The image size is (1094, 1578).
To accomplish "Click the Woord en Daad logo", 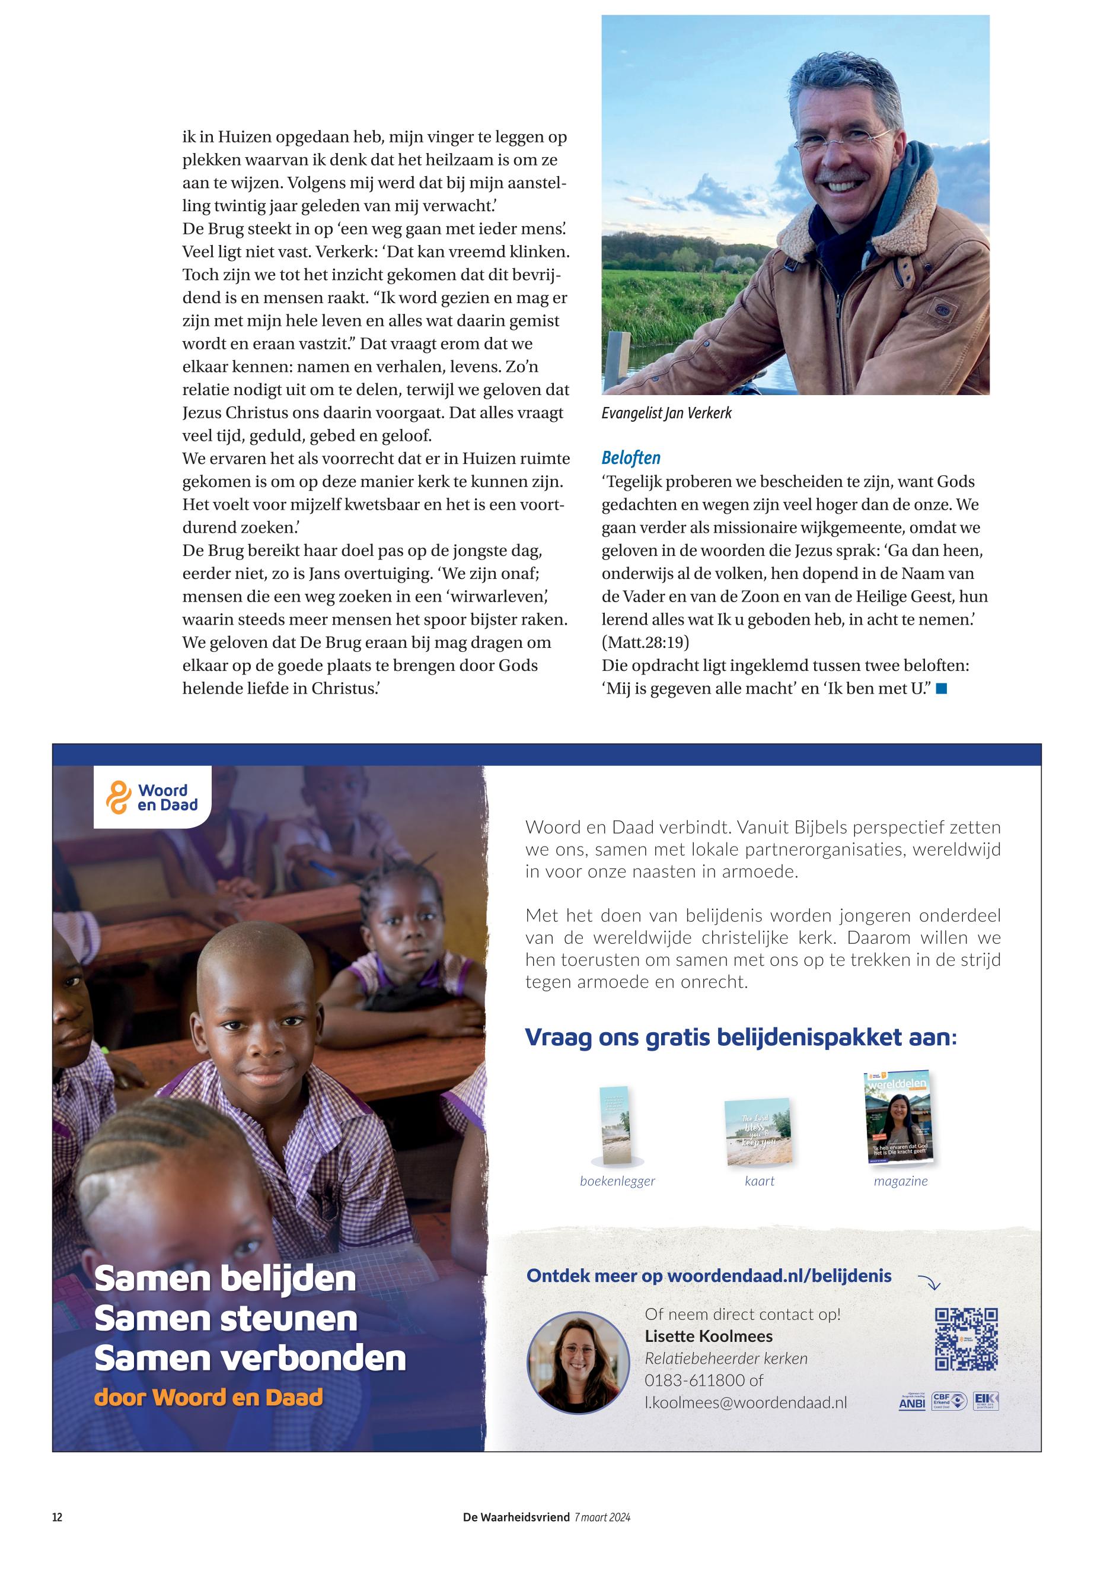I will pos(152,798).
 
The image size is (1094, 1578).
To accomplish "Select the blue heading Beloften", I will pos(631,458).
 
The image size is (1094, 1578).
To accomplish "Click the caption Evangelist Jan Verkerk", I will pos(666,413).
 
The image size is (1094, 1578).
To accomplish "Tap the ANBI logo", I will pos(912,1403).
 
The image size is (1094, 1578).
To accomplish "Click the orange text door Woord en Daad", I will pos(208,1398).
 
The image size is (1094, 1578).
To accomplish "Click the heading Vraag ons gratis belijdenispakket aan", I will pos(740,1037).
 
